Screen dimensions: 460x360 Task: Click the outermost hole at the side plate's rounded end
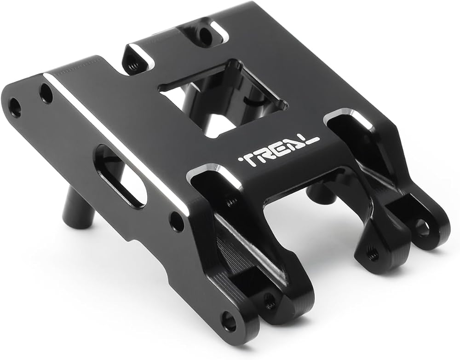pos(15,105)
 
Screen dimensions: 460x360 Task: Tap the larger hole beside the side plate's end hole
pos(46,93)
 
